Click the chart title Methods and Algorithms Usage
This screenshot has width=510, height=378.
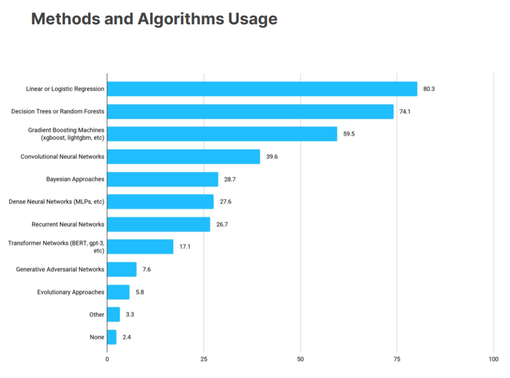click(x=154, y=19)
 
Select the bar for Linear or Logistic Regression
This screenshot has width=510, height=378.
click(x=262, y=89)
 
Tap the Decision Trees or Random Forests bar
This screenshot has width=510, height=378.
click(x=250, y=111)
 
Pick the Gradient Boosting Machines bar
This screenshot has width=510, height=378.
click(x=222, y=134)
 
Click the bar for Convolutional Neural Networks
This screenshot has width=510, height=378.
click(x=183, y=157)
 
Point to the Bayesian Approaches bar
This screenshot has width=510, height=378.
click(x=162, y=179)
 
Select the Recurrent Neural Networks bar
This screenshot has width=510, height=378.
click(x=159, y=224)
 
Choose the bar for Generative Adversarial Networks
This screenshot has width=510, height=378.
click(x=121, y=269)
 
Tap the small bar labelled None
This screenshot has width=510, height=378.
click(x=112, y=337)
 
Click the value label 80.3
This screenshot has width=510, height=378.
click(x=429, y=89)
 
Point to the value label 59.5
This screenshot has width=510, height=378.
click(x=349, y=134)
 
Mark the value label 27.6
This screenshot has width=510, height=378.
click(x=226, y=202)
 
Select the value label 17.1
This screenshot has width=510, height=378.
click(x=185, y=247)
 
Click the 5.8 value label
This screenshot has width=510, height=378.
click(x=140, y=292)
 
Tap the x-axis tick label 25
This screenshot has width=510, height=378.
click(x=204, y=359)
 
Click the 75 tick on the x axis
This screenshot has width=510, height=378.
click(x=397, y=359)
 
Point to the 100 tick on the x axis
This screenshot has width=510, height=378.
click(x=493, y=359)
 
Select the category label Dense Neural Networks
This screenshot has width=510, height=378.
click(x=57, y=202)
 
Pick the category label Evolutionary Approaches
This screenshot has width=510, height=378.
click(x=71, y=292)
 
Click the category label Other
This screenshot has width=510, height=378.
click(x=97, y=314)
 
